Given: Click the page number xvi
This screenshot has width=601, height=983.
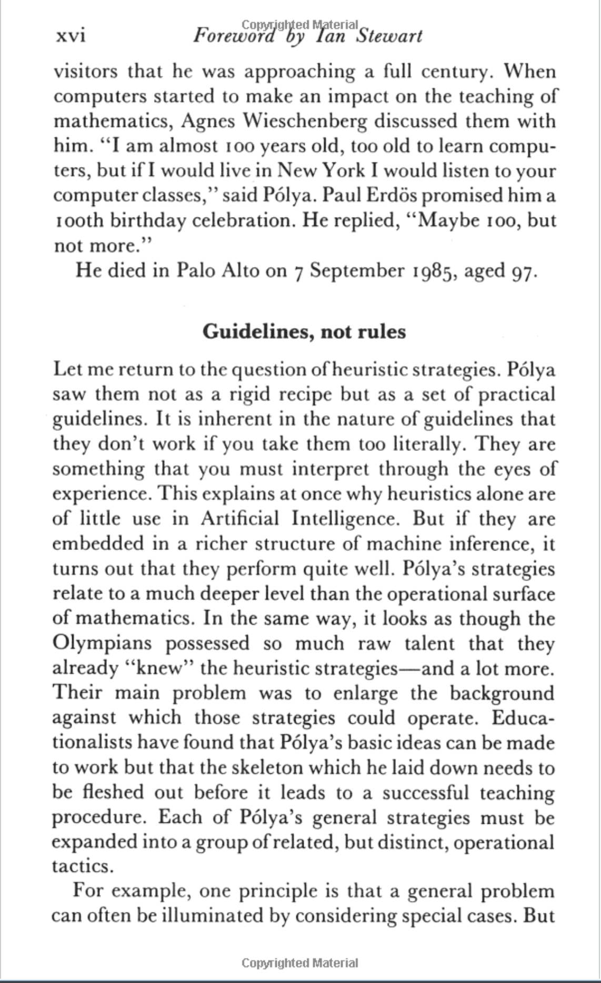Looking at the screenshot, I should click(70, 36).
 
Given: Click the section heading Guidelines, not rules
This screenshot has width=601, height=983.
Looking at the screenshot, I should click(304, 331).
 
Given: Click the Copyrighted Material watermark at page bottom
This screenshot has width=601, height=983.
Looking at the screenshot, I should click(300, 963).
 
